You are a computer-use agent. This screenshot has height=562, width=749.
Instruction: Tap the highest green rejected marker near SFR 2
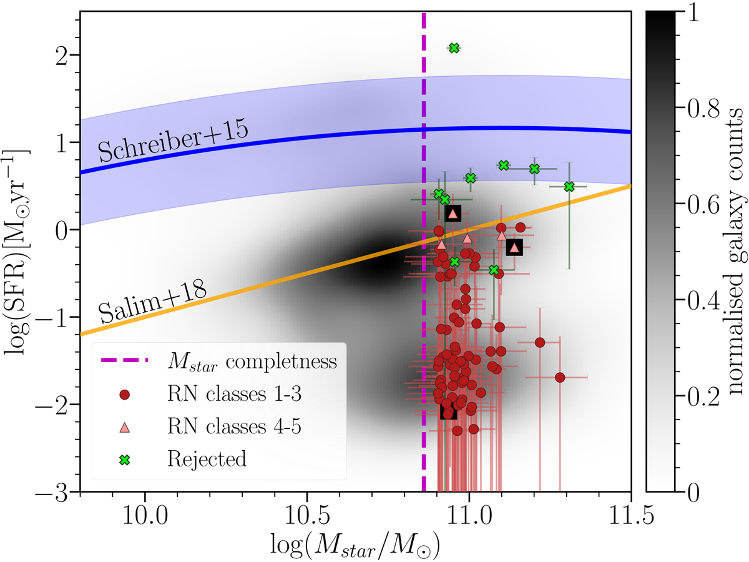pos(454,48)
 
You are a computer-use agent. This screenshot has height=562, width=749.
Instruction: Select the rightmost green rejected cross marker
pos(569,187)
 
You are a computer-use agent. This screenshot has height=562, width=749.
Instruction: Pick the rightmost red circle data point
pos(560,377)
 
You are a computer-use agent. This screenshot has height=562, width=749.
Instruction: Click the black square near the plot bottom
pos(448,412)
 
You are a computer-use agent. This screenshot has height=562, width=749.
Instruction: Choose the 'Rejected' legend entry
pos(207,459)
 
